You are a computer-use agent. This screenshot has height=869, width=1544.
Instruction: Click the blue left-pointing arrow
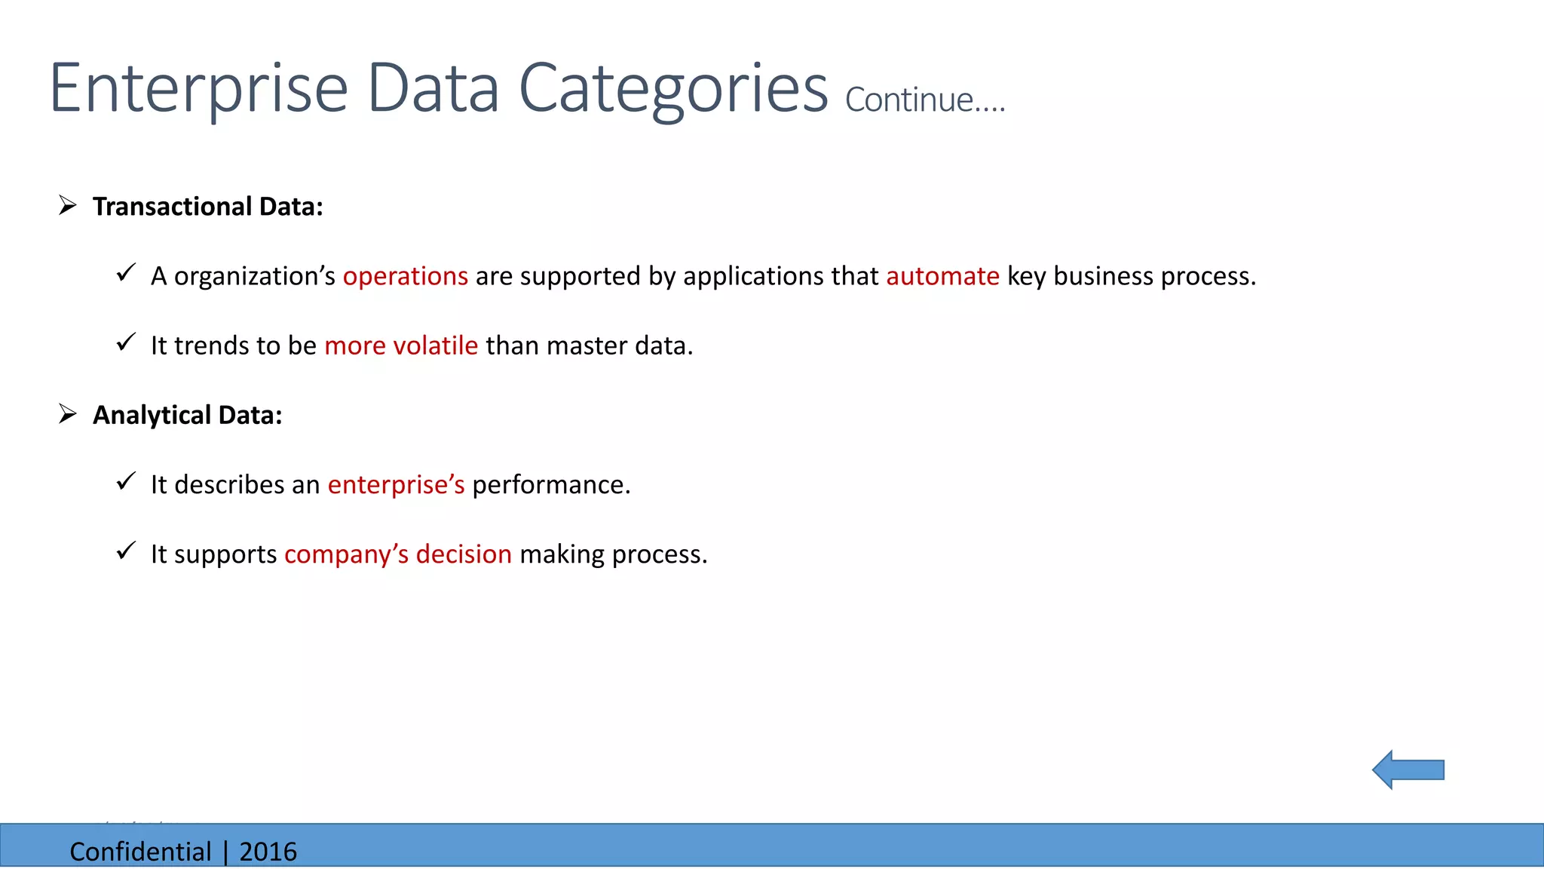point(1407,769)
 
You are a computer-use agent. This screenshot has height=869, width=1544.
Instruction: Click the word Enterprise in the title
point(198,89)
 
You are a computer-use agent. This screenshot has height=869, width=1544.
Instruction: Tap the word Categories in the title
point(673,89)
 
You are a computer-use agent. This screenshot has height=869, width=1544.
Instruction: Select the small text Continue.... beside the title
point(925,100)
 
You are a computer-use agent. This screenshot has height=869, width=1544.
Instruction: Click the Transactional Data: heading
point(207,207)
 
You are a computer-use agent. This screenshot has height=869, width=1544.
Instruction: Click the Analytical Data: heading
point(187,415)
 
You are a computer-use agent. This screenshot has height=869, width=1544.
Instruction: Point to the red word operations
point(406,276)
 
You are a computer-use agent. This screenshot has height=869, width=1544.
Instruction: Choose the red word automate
point(942,276)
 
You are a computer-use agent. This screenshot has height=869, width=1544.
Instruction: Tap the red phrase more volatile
point(401,345)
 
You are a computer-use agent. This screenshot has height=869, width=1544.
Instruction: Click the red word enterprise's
point(396,484)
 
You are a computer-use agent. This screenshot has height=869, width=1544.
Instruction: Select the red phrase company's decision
point(398,554)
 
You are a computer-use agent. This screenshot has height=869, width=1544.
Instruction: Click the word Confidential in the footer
point(140,852)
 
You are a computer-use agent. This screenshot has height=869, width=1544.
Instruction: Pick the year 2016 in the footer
point(268,852)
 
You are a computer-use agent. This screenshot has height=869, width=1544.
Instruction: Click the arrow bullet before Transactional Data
point(68,205)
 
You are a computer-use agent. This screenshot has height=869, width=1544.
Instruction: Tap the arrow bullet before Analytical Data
point(68,413)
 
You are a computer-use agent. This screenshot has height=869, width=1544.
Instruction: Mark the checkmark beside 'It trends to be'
point(126,343)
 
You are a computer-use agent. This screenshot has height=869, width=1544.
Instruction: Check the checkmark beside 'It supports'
point(126,551)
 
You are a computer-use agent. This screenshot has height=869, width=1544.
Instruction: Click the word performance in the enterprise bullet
point(550,484)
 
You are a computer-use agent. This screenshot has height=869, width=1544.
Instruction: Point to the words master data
point(619,345)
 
